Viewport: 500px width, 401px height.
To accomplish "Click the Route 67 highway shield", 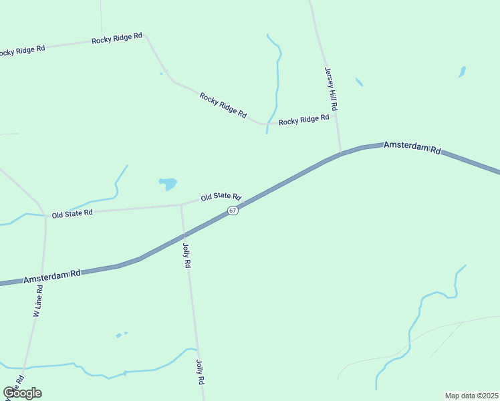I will [232, 211].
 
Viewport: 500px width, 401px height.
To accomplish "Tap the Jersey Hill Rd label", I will [332, 89].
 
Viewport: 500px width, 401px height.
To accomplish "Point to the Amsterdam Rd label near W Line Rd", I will [52, 276].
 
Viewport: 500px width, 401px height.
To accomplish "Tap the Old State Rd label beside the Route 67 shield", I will [221, 196].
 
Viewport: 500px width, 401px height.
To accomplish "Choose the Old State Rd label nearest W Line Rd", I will [72, 214].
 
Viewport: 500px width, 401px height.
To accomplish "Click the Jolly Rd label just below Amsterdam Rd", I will [186, 255].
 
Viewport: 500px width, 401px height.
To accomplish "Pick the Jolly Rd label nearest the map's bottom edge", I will [199, 372].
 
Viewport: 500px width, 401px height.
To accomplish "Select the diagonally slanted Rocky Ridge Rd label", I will [223, 105].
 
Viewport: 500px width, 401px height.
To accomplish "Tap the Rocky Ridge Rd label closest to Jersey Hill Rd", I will [304, 120].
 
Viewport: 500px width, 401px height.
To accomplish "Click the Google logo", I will [22, 393].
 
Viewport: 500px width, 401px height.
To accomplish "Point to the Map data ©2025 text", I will [471, 396].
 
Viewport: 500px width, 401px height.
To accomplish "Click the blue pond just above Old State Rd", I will [168, 182].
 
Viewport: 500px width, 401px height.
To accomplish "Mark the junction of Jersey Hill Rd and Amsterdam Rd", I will [341, 154].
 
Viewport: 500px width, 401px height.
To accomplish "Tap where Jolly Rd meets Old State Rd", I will [181, 205].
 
